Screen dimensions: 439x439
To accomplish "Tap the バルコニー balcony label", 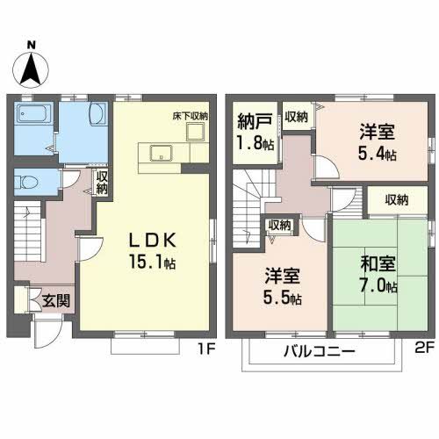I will (x=319, y=352).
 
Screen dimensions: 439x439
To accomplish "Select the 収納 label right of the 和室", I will (x=396, y=200).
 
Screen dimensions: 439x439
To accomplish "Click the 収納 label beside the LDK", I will (x=102, y=183).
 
